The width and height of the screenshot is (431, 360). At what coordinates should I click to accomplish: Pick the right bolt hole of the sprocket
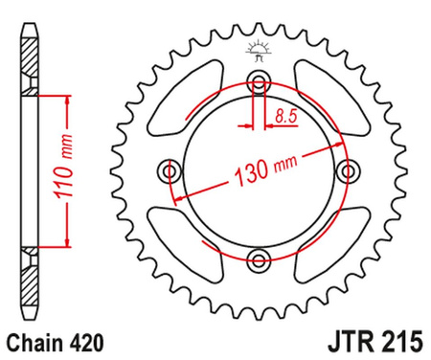[x=346, y=169]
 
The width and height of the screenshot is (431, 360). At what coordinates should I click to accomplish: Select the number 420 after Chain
[x=81, y=340]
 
